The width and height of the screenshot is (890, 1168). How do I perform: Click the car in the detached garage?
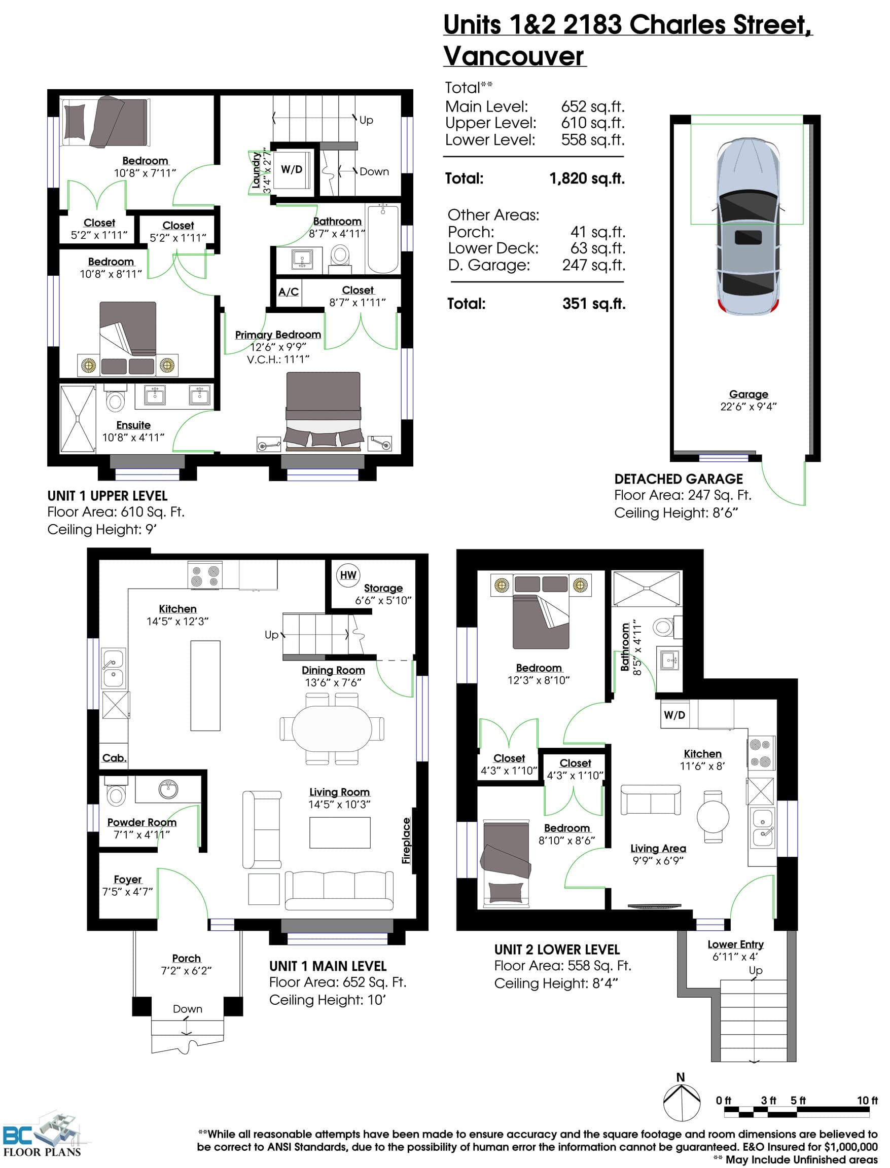748,226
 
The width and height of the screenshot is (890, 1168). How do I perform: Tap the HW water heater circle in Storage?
348,575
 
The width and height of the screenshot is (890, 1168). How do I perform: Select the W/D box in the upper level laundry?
292,169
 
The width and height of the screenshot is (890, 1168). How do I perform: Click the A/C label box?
289,291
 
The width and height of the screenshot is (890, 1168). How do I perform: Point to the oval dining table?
332,728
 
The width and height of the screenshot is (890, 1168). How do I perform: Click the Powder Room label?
141,822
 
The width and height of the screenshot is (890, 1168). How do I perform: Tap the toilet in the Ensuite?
115,397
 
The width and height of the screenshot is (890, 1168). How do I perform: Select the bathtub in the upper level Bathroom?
382,239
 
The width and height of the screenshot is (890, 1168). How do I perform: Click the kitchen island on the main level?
205,686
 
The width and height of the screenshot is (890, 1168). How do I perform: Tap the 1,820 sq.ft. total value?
587,178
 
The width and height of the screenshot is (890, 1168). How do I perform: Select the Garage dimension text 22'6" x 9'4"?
748,406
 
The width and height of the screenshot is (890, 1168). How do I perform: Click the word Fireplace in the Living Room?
406,841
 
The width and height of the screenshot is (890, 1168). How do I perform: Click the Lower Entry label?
735,944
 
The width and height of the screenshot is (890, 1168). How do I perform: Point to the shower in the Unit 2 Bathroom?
646,588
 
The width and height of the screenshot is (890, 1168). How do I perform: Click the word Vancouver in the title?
514,56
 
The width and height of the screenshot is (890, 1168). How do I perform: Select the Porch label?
187,958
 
